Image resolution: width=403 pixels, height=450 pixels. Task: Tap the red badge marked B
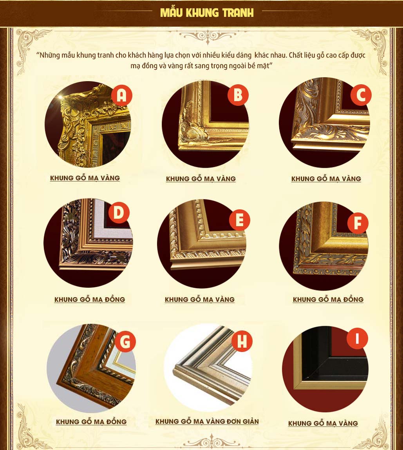point(238,95)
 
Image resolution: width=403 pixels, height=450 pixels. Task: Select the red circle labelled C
point(361,95)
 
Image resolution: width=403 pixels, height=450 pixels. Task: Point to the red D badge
point(119,213)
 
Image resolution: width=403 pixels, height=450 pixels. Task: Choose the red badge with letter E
point(240,220)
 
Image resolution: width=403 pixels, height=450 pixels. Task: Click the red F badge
point(358,223)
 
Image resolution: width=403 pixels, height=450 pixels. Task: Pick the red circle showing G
point(125,342)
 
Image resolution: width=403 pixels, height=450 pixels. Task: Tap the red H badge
point(242,341)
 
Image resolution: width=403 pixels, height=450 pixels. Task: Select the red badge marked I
point(357,338)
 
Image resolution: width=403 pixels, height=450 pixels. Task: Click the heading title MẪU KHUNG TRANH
point(207,13)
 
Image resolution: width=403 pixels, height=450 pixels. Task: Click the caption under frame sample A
point(85,178)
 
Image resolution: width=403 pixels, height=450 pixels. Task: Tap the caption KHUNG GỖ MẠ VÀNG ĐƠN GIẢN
point(207,421)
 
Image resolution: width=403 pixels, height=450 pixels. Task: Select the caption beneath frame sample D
point(90,299)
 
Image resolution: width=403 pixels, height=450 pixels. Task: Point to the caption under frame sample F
point(328,299)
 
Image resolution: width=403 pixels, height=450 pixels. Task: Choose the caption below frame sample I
point(323,423)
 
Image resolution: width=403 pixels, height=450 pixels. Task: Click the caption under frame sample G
point(91,422)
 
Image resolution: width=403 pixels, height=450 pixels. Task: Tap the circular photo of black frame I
point(325,369)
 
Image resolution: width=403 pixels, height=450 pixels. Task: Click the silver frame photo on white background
point(208,367)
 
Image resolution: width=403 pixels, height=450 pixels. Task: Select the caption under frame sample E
point(200,299)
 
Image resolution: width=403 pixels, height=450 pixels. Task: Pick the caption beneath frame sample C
point(326,178)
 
